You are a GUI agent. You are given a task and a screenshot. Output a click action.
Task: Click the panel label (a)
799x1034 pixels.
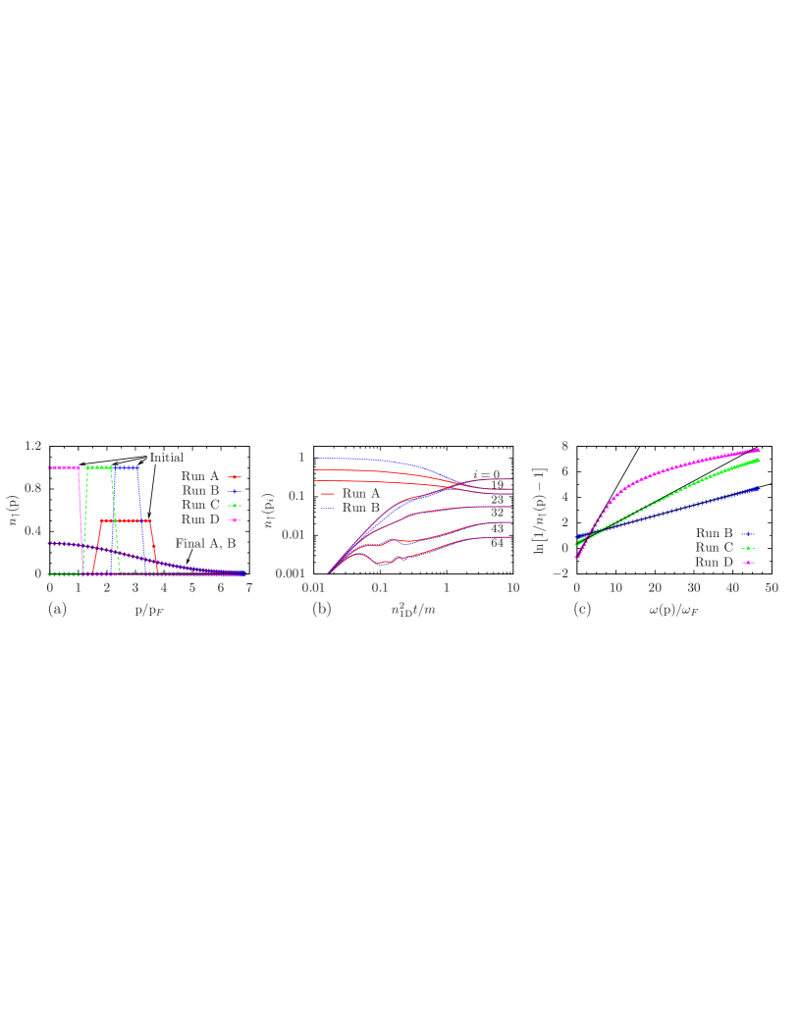click(58, 609)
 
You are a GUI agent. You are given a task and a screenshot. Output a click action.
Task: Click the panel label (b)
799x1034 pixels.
click(321, 609)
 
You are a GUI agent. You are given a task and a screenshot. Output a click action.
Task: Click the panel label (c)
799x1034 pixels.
click(583, 609)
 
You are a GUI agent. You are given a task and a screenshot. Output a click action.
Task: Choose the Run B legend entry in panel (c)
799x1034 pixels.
click(714, 533)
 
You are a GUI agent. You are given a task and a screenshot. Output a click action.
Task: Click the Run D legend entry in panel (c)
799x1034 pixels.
click(714, 562)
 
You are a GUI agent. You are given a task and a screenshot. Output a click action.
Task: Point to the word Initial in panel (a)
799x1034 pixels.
click(166, 457)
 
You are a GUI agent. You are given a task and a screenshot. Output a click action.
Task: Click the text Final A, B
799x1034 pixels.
click(205, 542)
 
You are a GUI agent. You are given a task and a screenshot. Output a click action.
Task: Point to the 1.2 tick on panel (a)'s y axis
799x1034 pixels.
click(32, 446)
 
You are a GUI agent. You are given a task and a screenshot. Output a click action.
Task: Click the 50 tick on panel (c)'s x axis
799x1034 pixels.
click(772, 587)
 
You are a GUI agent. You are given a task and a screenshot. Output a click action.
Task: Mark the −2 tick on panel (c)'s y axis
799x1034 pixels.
click(562, 573)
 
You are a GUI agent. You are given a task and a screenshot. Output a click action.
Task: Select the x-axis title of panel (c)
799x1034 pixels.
click(674, 609)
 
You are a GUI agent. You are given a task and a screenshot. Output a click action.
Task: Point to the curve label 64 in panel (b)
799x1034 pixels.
click(497, 543)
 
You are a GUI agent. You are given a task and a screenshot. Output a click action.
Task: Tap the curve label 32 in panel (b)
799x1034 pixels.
click(497, 513)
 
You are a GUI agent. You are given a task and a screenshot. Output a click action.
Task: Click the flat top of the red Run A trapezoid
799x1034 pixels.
click(127, 520)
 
